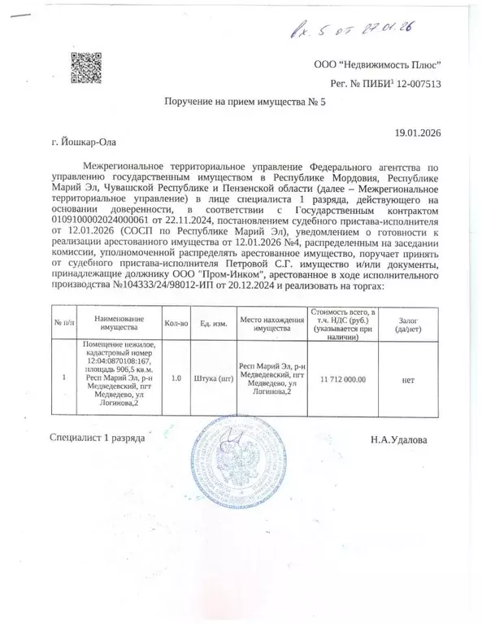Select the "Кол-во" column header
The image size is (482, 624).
click(x=176, y=323)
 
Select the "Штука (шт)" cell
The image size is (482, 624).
click(x=212, y=379)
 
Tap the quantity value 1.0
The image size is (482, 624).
click(x=176, y=379)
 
